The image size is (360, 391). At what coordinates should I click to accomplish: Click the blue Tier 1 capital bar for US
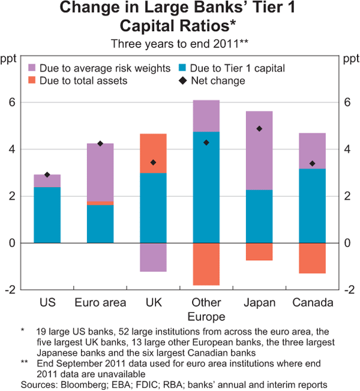point(47,215)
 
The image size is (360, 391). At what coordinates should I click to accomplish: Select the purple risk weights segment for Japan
point(259,151)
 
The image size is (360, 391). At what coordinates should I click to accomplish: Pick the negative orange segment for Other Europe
point(206,264)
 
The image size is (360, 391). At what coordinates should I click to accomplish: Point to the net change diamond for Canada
point(313,163)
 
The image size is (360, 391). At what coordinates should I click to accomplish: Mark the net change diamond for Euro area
point(100,143)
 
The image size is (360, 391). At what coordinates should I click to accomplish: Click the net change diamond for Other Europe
point(206,142)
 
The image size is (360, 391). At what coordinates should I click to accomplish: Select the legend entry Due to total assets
point(83,80)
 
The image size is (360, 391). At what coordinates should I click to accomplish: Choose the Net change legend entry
point(221,80)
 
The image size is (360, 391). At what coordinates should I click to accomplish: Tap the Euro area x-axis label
point(100,303)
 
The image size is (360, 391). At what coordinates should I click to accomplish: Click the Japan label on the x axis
point(259,303)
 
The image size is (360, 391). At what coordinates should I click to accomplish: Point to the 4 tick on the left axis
point(11,149)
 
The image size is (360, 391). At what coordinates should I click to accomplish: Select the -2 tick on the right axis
point(347,290)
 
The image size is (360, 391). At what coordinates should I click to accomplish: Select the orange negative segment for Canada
point(313,258)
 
